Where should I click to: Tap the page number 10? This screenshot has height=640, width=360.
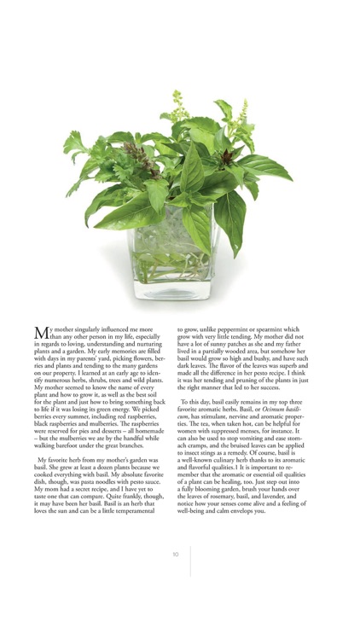coord(176,554)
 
